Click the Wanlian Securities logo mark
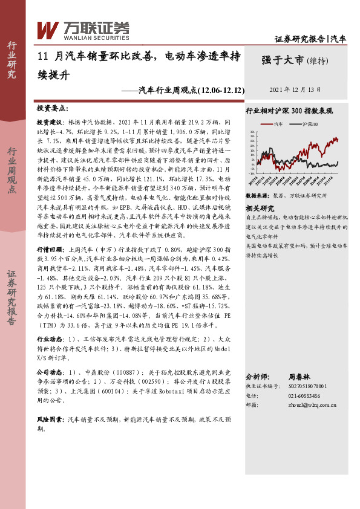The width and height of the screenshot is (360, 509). coord(47,29)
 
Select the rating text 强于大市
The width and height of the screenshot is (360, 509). coord(282,59)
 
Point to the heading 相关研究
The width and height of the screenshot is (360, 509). coord(260,208)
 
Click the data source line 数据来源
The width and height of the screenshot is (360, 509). coord(286,196)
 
